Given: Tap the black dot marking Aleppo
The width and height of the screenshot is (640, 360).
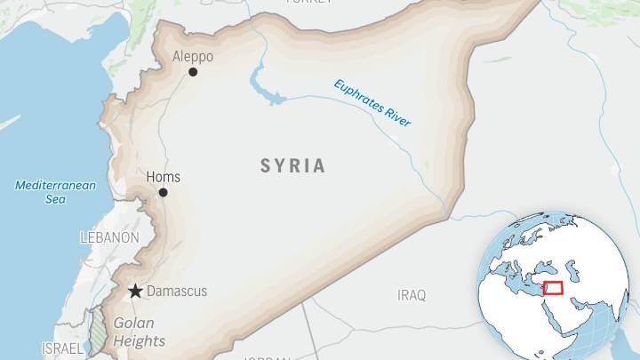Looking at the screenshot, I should coord(193,72).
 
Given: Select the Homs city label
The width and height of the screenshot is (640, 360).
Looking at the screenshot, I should coord(162,177).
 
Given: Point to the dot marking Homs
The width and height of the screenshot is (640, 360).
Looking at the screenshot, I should coord(163,192).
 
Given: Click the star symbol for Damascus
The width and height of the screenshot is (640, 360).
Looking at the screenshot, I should coord(135,291).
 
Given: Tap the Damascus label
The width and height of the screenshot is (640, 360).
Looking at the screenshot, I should coord(177,291).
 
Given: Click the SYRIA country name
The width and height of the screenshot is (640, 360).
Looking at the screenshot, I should coord(293,165).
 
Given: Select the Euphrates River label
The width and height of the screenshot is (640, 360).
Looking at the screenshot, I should coord(372,103).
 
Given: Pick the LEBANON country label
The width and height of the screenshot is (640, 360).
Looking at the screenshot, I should coord(109,237).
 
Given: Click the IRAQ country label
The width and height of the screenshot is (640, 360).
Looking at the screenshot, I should coord(412,294).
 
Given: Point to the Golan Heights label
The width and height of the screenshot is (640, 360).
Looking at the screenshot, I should coord(139,332).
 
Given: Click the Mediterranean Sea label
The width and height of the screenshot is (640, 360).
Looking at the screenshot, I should coord(43,192).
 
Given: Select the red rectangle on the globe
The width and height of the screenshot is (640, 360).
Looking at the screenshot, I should coord(554,288).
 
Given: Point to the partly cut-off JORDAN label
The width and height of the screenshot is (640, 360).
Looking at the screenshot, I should coord(267,356).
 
